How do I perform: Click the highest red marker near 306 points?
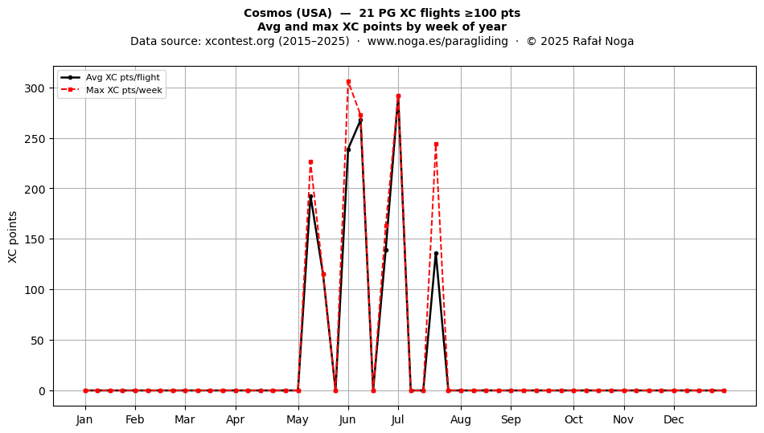tap(348, 82)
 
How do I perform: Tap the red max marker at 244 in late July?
tap(436, 145)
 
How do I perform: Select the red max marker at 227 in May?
tap(311, 162)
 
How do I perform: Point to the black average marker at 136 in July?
tap(436, 254)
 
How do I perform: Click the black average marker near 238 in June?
tap(348, 150)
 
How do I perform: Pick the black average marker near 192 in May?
tap(311, 197)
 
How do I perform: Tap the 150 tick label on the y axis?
tap(34, 239)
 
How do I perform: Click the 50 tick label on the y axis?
tap(38, 341)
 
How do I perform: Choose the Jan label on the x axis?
tap(84, 419)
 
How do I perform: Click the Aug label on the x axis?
tap(461, 419)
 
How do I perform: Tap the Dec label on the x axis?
tap(674, 419)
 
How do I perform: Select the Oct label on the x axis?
tap(573, 419)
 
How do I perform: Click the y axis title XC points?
tap(13, 238)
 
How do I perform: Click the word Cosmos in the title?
tap(269, 13)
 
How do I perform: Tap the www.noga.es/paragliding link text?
tap(437, 41)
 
